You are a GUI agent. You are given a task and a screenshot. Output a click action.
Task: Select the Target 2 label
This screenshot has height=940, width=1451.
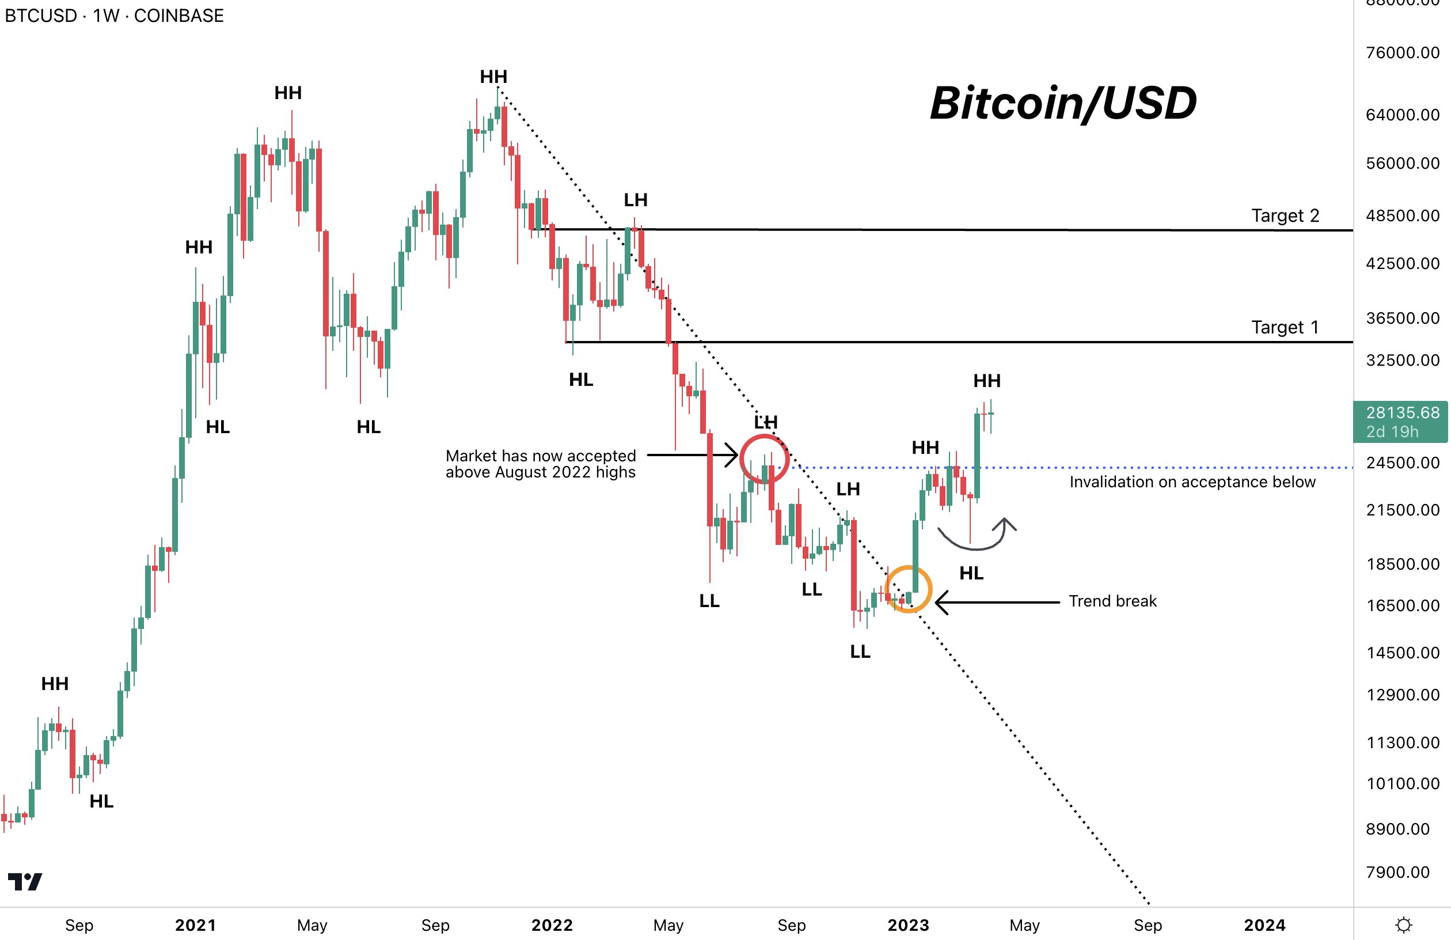coord(1285,215)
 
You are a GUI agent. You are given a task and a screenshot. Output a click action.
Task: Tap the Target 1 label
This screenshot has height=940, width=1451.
coord(1285,328)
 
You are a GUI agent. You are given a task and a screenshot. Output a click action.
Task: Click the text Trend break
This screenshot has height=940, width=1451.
coord(1112,601)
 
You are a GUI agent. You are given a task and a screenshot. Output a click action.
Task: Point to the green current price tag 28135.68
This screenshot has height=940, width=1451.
coord(1401,422)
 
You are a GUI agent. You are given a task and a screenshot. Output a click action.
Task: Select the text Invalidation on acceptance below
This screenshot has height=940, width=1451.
coord(1192,482)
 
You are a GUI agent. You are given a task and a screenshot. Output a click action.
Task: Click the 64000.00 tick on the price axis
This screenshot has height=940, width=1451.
coord(1402,115)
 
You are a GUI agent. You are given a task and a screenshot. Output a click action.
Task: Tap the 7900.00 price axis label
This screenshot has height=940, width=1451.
coord(1397,871)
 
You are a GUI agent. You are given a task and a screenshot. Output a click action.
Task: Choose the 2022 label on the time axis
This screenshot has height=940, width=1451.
coord(552,926)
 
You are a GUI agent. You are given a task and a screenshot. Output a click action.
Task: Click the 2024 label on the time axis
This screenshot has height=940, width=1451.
coord(1264,926)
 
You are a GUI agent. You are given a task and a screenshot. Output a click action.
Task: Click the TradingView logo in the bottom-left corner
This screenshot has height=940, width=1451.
coord(24,881)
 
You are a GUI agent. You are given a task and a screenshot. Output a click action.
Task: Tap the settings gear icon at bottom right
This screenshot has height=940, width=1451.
coord(1403,926)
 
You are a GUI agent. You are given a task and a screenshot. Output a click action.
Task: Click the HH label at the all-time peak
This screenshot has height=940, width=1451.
coord(493,77)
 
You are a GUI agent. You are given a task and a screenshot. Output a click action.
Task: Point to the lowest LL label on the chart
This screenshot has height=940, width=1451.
coord(860,651)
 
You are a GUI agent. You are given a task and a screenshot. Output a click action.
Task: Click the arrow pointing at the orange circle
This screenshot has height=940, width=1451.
coord(997,602)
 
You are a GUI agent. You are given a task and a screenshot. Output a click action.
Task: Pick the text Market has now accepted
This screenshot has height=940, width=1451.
coord(540,456)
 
